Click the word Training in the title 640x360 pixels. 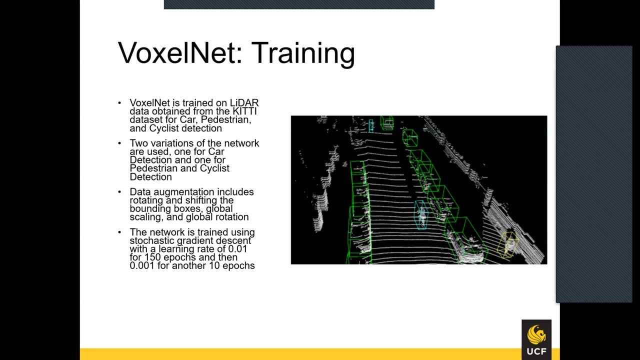[x=303, y=53]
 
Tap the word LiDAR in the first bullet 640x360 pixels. [x=244, y=103]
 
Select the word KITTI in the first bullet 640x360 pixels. [x=244, y=111]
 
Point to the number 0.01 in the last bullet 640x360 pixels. [x=237, y=249]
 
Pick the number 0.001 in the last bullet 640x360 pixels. [x=142, y=266]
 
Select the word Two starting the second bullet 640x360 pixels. [x=138, y=143]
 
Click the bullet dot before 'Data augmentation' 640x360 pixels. [x=119, y=192]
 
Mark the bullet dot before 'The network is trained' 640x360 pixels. [x=119, y=232]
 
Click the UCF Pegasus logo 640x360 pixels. [x=536, y=339]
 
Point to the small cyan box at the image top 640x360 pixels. [x=371, y=125]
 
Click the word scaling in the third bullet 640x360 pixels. [x=145, y=217]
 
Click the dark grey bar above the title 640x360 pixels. [x=299, y=4]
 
